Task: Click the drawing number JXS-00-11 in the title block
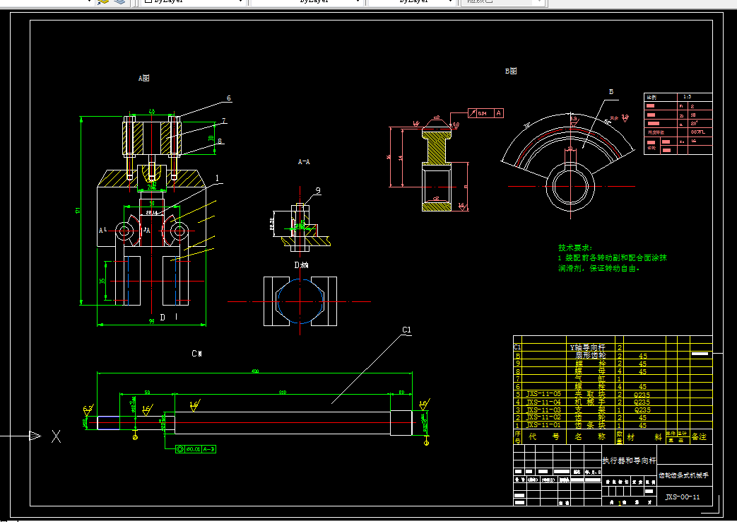[682, 497]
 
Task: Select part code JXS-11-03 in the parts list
[543, 410]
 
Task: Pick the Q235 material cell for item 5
[642, 394]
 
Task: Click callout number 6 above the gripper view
[229, 98]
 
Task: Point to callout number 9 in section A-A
[317, 190]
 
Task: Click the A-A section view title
[304, 162]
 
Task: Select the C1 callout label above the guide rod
[406, 330]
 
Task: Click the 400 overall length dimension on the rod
[255, 371]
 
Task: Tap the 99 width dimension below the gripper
[151, 322]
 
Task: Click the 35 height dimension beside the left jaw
[102, 281]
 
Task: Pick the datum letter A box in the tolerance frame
[499, 112]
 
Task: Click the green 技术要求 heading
[573, 248]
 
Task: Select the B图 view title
[511, 71]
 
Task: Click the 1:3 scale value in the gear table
[686, 96]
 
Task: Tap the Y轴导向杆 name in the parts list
[586, 347]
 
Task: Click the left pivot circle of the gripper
[125, 231]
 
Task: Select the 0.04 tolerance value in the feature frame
[482, 113]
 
